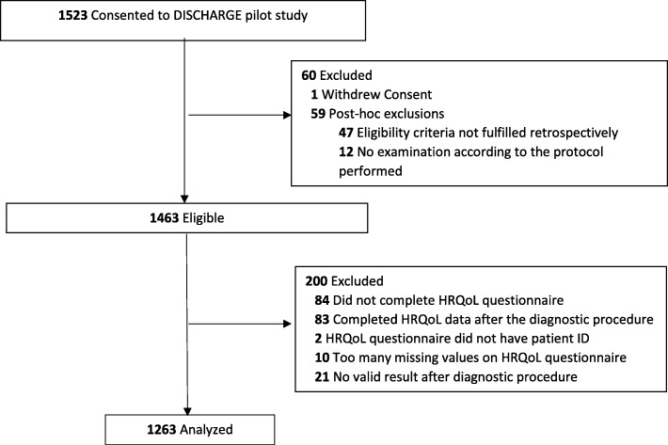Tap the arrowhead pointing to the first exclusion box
click(x=286, y=118)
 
